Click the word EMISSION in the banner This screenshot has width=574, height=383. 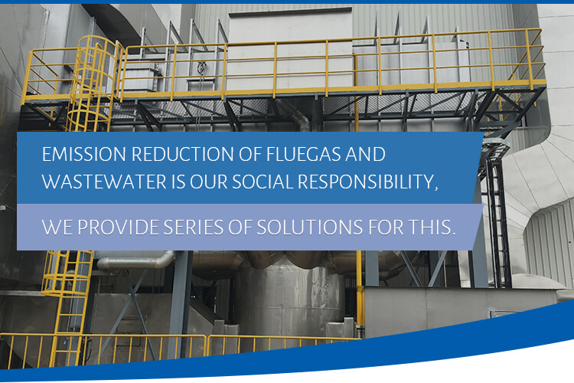(84, 154)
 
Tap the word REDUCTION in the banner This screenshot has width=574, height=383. (183, 154)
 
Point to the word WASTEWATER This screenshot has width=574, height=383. (104, 182)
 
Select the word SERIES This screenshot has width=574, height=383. (194, 228)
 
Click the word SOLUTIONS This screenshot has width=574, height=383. (310, 228)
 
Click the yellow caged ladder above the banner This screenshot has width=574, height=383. (93, 83)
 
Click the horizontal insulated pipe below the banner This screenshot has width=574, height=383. (135, 262)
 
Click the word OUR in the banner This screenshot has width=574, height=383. (209, 182)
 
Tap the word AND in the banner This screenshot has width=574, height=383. (366, 154)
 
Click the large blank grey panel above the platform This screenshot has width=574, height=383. (290, 50)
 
